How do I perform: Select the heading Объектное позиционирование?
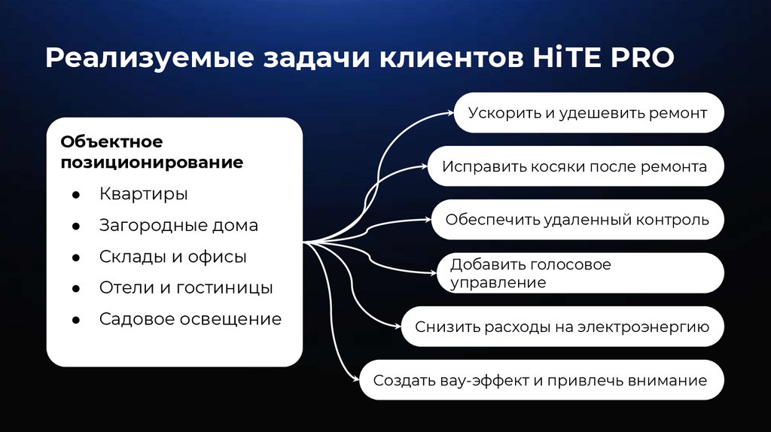point(152,152)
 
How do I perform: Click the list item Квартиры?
point(143,194)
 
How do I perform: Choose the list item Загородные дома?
point(178,225)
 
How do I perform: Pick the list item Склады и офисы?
point(172,257)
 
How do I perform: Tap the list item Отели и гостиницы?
point(186,287)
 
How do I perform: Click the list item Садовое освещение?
point(190,319)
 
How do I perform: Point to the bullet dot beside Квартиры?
point(76,195)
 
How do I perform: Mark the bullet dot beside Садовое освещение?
point(76,320)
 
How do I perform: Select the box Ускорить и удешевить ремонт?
point(588,114)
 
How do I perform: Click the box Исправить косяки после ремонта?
point(574,166)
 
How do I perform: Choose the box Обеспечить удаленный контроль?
point(577,220)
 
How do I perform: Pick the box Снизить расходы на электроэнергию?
point(562,327)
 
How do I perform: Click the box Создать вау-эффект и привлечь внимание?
point(541,380)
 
